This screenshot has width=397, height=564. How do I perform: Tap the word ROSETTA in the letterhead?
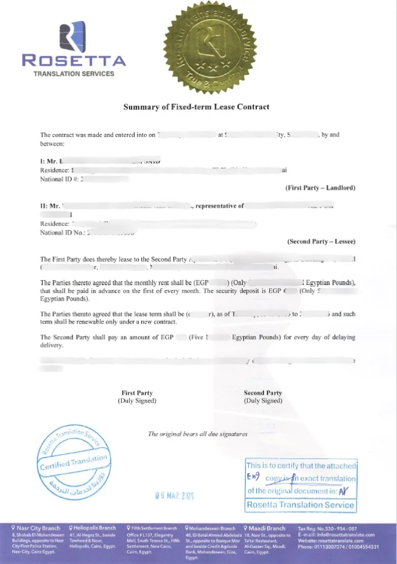[x=74, y=60]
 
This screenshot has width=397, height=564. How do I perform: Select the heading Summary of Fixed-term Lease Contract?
[x=196, y=107]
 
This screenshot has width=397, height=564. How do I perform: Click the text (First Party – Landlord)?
[x=320, y=187]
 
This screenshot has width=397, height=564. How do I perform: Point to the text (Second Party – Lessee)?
[x=321, y=241]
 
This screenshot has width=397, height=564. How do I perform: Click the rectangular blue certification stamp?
[x=301, y=485]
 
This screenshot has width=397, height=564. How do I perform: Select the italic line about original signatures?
[x=198, y=434]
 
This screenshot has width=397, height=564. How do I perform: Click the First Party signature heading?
[x=137, y=393]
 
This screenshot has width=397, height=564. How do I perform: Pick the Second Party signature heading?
[x=263, y=393]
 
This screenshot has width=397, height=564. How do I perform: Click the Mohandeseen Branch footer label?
[x=210, y=528]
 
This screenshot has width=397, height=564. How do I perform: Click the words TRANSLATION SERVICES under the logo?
[x=74, y=74]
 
